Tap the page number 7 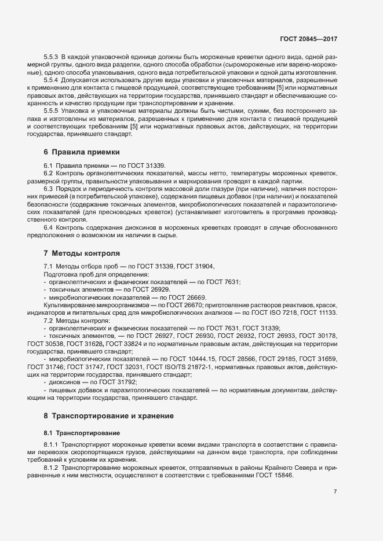335,492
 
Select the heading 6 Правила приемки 81,153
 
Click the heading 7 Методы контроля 82,253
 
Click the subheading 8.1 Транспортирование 82,432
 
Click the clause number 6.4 48,228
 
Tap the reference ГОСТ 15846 275,475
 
